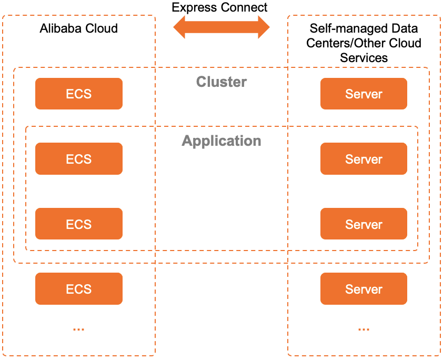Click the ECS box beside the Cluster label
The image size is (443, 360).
[79, 94]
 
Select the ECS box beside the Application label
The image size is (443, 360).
[79, 159]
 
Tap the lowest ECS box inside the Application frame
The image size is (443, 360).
[79, 224]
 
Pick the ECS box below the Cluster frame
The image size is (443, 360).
[79, 289]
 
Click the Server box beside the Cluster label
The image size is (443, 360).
[364, 94]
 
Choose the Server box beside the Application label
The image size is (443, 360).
[364, 159]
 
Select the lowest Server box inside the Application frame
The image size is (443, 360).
[364, 224]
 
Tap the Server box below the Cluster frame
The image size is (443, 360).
[364, 289]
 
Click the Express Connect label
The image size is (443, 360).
[219, 7]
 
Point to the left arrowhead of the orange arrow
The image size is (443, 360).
[181, 27]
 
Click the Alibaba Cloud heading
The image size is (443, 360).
[79, 28]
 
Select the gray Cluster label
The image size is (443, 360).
[221, 82]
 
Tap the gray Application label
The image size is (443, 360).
[221, 141]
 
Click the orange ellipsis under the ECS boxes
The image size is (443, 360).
[79, 328]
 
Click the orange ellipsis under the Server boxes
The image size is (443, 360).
[364, 328]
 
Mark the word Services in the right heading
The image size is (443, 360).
[364, 57]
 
